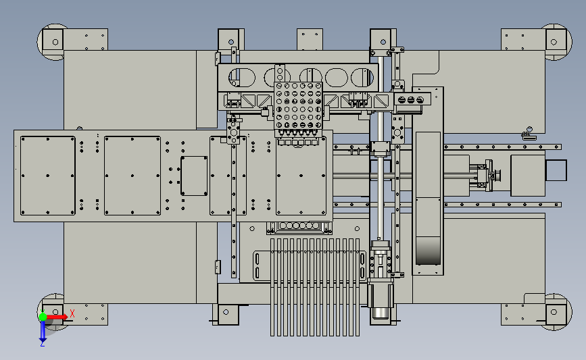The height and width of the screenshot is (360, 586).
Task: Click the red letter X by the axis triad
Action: (x=72, y=313)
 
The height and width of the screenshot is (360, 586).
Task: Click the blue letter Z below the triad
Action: (x=43, y=344)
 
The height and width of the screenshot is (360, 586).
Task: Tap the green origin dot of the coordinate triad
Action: (x=43, y=317)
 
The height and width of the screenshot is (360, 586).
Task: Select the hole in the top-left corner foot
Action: (x=55, y=42)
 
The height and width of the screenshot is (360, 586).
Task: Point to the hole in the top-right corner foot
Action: (x=554, y=42)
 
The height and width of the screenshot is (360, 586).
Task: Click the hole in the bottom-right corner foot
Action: (x=554, y=312)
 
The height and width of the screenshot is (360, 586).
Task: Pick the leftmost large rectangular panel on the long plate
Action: (x=48, y=176)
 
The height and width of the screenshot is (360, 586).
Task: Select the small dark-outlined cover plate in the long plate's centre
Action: (x=194, y=176)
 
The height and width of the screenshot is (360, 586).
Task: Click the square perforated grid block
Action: (x=298, y=105)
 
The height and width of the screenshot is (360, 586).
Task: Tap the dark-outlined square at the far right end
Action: (x=556, y=170)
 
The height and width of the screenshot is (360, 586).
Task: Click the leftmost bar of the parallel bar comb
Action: (x=272, y=287)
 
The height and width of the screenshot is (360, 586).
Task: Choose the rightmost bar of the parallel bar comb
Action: (x=358, y=287)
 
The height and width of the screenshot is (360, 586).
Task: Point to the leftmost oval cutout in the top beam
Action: (x=242, y=77)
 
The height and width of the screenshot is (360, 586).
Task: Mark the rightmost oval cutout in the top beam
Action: (x=362, y=77)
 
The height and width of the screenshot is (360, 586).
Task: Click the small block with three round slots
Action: (x=410, y=100)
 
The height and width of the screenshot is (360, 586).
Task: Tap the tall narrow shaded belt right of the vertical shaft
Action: (x=428, y=199)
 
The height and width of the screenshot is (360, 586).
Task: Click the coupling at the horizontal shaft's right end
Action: (x=488, y=175)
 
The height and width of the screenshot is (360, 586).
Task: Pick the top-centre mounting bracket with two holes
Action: (x=310, y=39)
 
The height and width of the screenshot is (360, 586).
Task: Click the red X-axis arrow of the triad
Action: (x=57, y=317)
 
